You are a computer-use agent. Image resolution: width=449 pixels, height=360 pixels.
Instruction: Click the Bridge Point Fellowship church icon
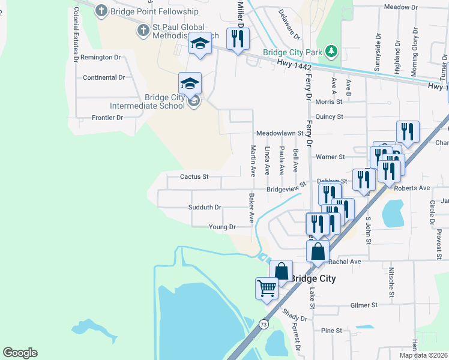[x=101, y=10]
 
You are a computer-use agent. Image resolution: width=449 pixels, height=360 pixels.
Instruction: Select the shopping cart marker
[x=266, y=288]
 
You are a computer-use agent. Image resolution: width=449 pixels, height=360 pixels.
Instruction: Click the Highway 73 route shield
[x=264, y=324]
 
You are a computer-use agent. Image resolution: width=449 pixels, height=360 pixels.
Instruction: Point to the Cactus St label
[x=194, y=177]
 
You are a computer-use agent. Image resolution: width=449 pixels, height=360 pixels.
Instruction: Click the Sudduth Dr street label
[x=205, y=207]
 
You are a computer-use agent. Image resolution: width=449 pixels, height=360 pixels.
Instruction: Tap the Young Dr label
[x=221, y=227]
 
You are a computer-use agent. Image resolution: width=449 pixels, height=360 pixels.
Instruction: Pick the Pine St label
[x=331, y=331]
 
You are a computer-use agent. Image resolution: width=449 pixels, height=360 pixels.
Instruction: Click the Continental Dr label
[x=104, y=77]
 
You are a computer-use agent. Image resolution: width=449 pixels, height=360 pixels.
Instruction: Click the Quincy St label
[x=329, y=116]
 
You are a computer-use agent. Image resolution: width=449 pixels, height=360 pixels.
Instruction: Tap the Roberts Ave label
[x=412, y=188]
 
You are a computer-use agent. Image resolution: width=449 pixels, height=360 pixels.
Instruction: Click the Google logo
[x=20, y=352]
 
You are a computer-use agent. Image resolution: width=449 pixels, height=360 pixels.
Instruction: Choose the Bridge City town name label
[x=313, y=279]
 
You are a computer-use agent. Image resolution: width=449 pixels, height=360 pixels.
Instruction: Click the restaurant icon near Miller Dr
[x=238, y=39]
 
